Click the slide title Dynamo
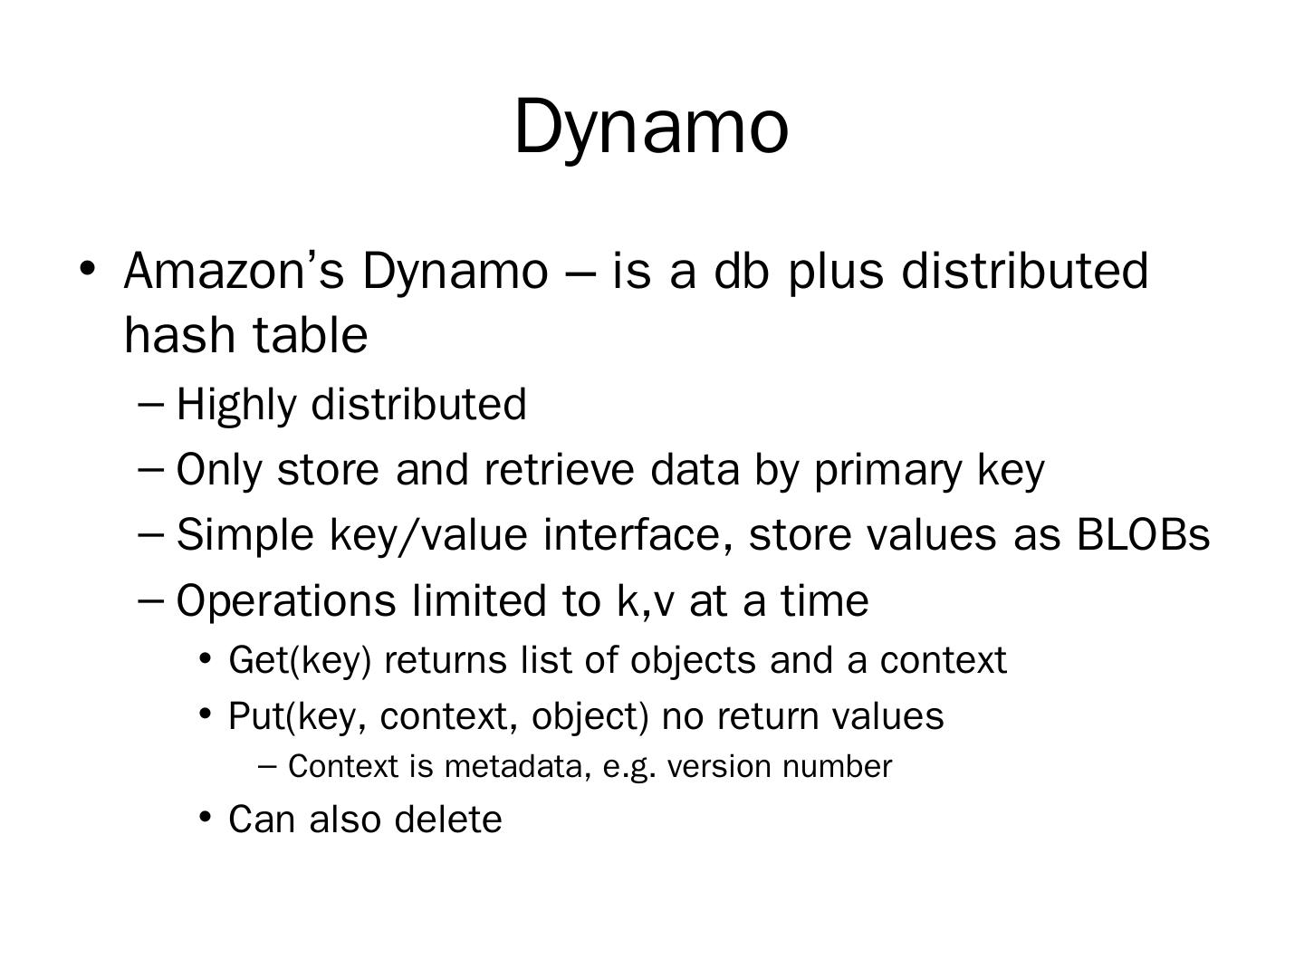pyautogui.click(x=651, y=128)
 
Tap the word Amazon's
pyautogui.click(x=234, y=271)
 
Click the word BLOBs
pyautogui.click(x=1143, y=535)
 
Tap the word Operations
pyautogui.click(x=286, y=601)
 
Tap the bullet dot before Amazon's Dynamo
pyautogui.click(x=87, y=268)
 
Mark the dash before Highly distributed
pyautogui.click(x=152, y=405)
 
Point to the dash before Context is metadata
pyautogui.click(x=267, y=767)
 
